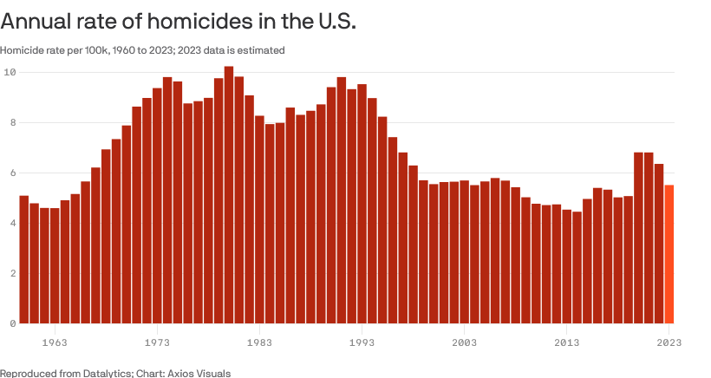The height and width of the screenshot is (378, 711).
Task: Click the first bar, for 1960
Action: tap(24, 259)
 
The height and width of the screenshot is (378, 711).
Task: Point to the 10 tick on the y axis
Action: tap(10, 72)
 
